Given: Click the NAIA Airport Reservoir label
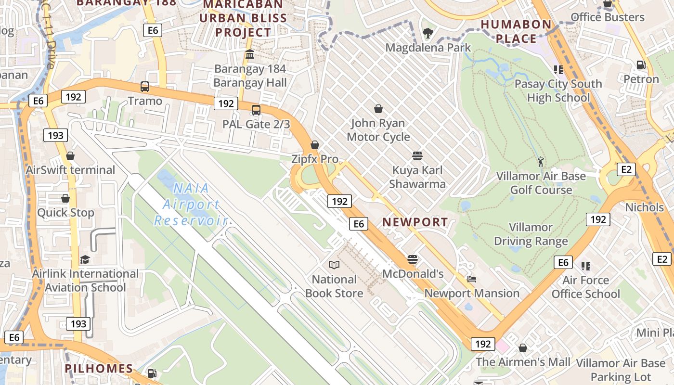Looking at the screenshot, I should pyautogui.click(x=191, y=205).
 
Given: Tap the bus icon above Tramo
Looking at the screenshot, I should pyautogui.click(x=145, y=87).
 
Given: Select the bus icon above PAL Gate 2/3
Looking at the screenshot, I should pyautogui.click(x=256, y=110).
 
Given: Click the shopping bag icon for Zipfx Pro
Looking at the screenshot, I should pyautogui.click(x=315, y=145).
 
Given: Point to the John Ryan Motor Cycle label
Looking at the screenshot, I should pyautogui.click(x=378, y=130).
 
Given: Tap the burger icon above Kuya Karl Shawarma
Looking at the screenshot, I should pyautogui.click(x=417, y=156).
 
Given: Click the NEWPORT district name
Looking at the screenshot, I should pyautogui.click(x=415, y=222).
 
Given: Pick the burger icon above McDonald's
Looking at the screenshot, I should pyautogui.click(x=413, y=259).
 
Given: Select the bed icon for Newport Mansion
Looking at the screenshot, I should pyautogui.click(x=472, y=279).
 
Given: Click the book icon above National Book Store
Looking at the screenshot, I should pyautogui.click(x=334, y=265).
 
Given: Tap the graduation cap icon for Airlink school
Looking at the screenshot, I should pyautogui.click(x=85, y=259).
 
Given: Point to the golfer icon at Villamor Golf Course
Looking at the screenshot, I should pyautogui.click(x=541, y=161).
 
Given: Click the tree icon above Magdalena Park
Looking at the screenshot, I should pyautogui.click(x=428, y=33).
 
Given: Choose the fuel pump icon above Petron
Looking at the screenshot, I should pyautogui.click(x=641, y=64).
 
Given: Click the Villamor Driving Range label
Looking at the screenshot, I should pyautogui.click(x=531, y=234).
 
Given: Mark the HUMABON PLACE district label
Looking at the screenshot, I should pyautogui.click(x=516, y=31).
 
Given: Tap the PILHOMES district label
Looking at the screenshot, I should pyautogui.click(x=99, y=369).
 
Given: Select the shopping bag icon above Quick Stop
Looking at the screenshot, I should pyautogui.click(x=65, y=198).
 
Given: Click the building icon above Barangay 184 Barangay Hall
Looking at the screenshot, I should pyautogui.click(x=250, y=54).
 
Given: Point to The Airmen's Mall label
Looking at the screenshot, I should pyautogui.click(x=523, y=362).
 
